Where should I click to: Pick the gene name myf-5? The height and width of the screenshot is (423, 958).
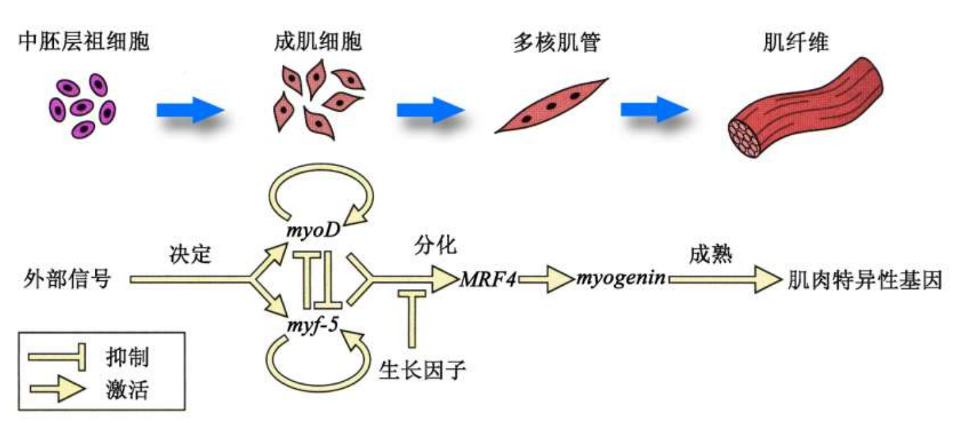coord(310,327)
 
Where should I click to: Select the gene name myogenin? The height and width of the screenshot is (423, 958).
coord(621,278)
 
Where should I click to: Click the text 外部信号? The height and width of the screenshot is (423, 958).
coord(67,278)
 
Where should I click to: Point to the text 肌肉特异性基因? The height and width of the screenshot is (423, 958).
coord(865,278)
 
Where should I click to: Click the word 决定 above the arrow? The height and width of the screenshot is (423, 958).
coord(190,254)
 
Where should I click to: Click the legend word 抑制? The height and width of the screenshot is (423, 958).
coord(127,356)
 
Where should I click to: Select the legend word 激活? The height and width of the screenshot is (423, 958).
coord(127,389)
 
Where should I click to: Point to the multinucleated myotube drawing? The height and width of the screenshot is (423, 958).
coord(551,106)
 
